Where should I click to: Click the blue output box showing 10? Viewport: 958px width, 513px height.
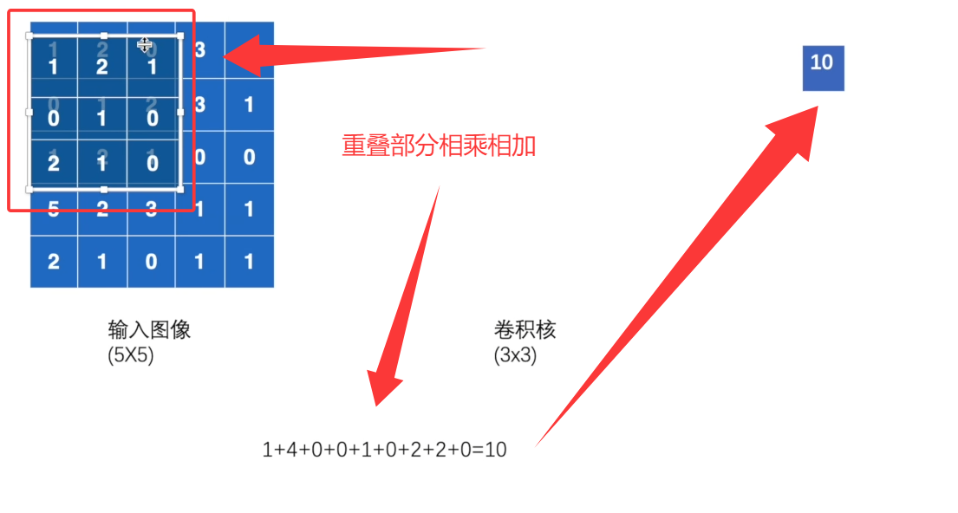pyautogui.click(x=823, y=68)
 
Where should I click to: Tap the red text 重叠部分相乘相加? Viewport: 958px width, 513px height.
pyautogui.click(x=439, y=145)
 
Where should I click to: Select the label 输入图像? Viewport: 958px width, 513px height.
pyautogui.click(x=149, y=330)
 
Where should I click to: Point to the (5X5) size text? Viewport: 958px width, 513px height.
pyautogui.click(x=131, y=355)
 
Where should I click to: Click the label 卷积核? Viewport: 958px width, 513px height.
pyautogui.click(x=525, y=330)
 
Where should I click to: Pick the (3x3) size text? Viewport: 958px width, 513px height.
pyautogui.click(x=515, y=355)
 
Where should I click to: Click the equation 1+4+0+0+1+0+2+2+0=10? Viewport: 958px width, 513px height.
pyautogui.click(x=384, y=450)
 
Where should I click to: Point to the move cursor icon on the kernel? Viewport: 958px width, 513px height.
pyautogui.click(x=145, y=45)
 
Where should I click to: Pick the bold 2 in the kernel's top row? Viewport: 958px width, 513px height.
pyautogui.click(x=102, y=67)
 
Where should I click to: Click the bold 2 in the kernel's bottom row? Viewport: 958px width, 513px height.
pyautogui.click(x=54, y=163)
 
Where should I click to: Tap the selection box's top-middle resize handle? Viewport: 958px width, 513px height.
pyautogui.click(x=104, y=36)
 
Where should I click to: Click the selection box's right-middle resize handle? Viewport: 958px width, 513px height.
pyautogui.click(x=180, y=112)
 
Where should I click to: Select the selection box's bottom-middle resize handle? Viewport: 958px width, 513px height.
pyautogui.click(x=104, y=189)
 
